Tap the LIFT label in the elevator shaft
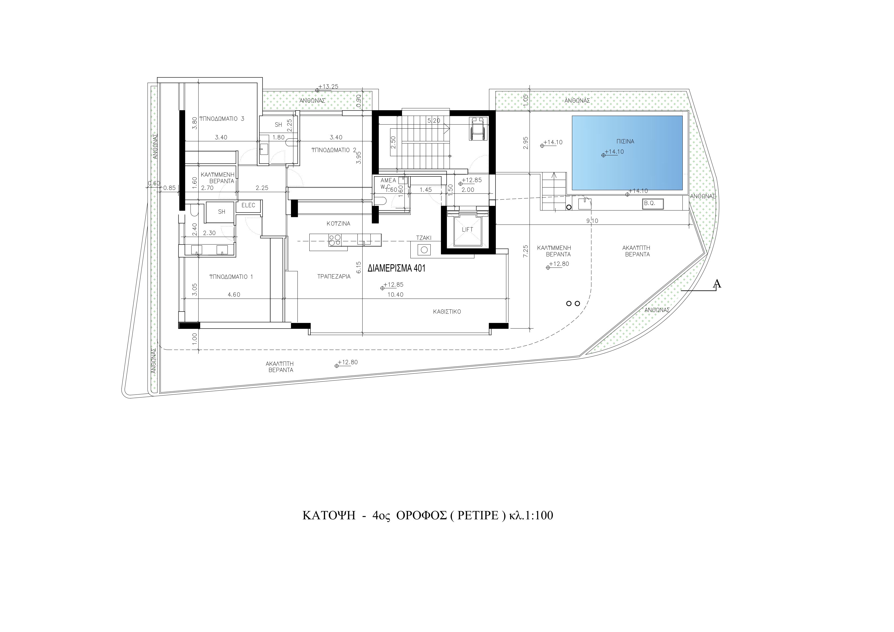pyautogui.click(x=467, y=229)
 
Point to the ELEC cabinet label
pyautogui.click(x=248, y=205)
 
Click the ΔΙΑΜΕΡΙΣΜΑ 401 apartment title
pyautogui.click(x=396, y=268)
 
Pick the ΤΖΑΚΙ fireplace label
pyautogui.click(x=424, y=238)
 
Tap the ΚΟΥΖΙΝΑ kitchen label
pyautogui.click(x=338, y=223)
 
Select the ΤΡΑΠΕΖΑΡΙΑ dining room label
pyautogui.click(x=334, y=276)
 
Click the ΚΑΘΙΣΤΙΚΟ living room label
pyautogui.click(x=447, y=312)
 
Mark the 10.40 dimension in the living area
pyautogui.click(x=395, y=295)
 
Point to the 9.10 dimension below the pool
pyautogui.click(x=592, y=221)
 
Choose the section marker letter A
pyautogui.click(x=716, y=284)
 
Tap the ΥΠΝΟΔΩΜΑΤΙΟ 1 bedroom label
pyautogui.click(x=231, y=277)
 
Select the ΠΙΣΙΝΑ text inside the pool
pyautogui.click(x=625, y=141)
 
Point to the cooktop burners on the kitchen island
pyautogui.click(x=335, y=239)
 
